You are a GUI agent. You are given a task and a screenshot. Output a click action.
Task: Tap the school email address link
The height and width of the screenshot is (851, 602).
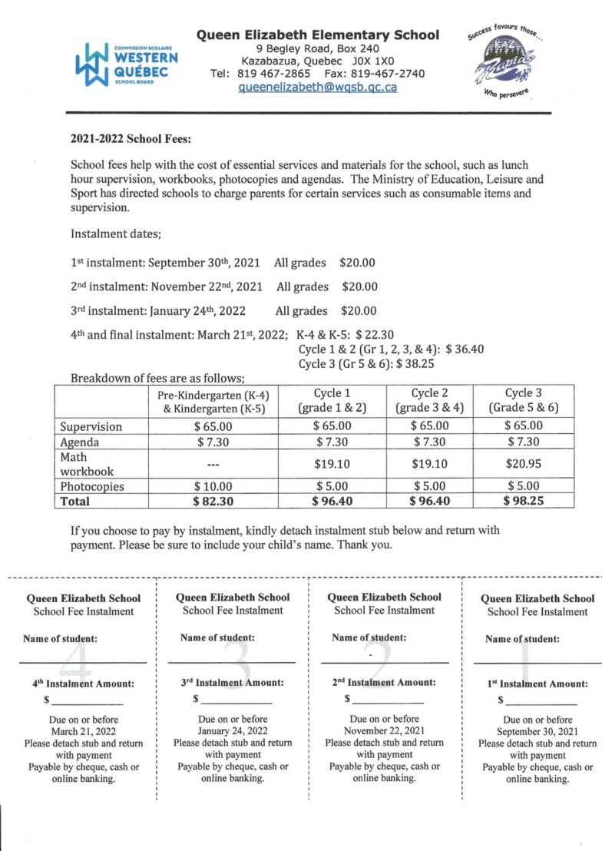click(318, 87)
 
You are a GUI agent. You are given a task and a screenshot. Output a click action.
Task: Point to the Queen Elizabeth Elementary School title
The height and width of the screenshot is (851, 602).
click(318, 35)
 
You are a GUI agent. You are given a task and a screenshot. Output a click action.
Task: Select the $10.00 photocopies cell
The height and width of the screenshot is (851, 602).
click(214, 485)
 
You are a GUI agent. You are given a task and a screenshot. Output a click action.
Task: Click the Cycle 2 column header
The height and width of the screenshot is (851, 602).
click(429, 400)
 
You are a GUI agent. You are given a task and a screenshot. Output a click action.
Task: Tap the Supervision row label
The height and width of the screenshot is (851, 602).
click(91, 426)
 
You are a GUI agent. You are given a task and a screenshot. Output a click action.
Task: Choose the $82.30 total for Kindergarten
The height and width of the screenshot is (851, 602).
click(214, 501)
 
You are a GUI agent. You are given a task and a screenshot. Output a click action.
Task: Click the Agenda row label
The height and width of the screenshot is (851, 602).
click(80, 442)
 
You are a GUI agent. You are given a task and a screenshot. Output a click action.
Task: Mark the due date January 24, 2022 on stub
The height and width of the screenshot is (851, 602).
click(233, 730)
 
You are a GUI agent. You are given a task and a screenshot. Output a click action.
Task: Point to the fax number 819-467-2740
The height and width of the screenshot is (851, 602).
click(387, 74)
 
